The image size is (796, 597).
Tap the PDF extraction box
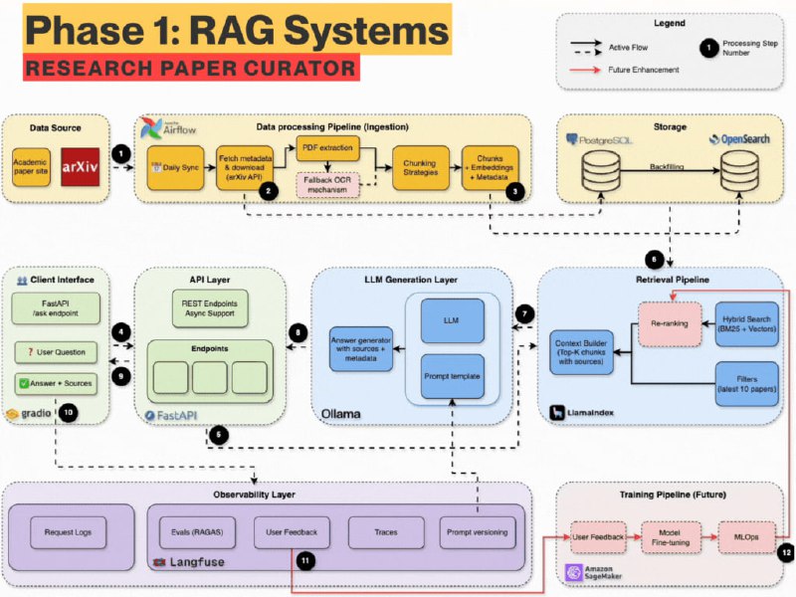point(325,146)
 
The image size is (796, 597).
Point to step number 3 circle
point(514,192)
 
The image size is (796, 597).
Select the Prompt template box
point(452,376)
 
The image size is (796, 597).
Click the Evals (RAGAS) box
point(195,532)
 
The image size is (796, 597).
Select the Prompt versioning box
point(478,532)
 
